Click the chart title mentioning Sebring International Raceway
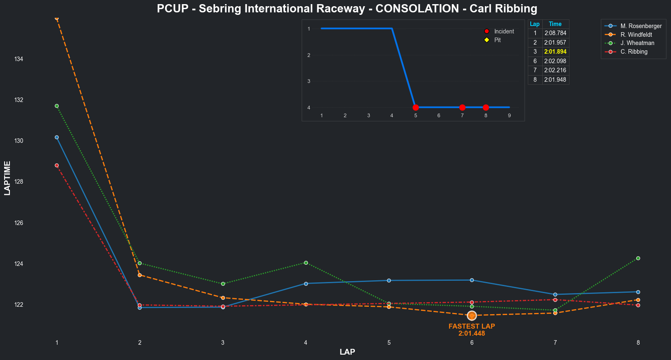pyautogui.click(x=347, y=9)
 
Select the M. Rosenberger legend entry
pyautogui.click(x=640, y=26)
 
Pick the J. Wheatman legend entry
pyautogui.click(x=637, y=43)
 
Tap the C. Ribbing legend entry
pyautogui.click(x=634, y=52)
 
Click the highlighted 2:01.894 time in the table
pyautogui.click(x=555, y=52)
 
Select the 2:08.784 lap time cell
pyautogui.click(x=555, y=33)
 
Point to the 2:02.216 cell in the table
pyautogui.click(x=555, y=70)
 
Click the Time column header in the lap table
pyautogui.click(x=555, y=24)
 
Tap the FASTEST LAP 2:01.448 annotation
pyautogui.click(x=472, y=330)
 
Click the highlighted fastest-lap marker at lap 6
pyautogui.click(x=472, y=315)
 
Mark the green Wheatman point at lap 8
pyautogui.click(x=638, y=258)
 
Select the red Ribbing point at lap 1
pyautogui.click(x=57, y=165)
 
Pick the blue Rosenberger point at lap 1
pyautogui.click(x=57, y=137)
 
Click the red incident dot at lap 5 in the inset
pyautogui.click(x=416, y=107)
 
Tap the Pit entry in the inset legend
pyautogui.click(x=497, y=40)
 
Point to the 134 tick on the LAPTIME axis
pyautogui.click(x=19, y=59)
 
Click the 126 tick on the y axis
pyautogui.click(x=19, y=223)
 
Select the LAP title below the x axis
pyautogui.click(x=347, y=352)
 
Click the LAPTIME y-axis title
pyautogui.click(x=7, y=178)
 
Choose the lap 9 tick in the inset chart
pyautogui.click(x=509, y=116)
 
